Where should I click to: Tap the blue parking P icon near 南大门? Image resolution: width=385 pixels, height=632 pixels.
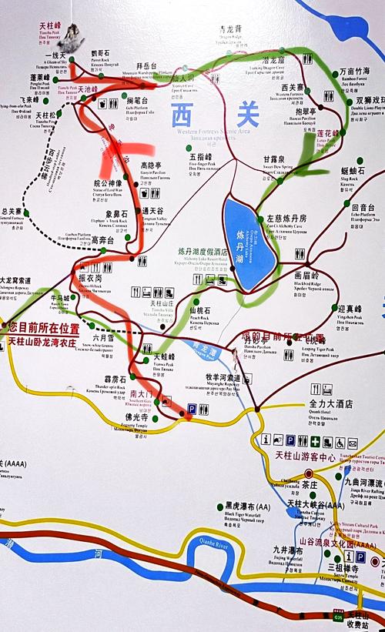point(192,410)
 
